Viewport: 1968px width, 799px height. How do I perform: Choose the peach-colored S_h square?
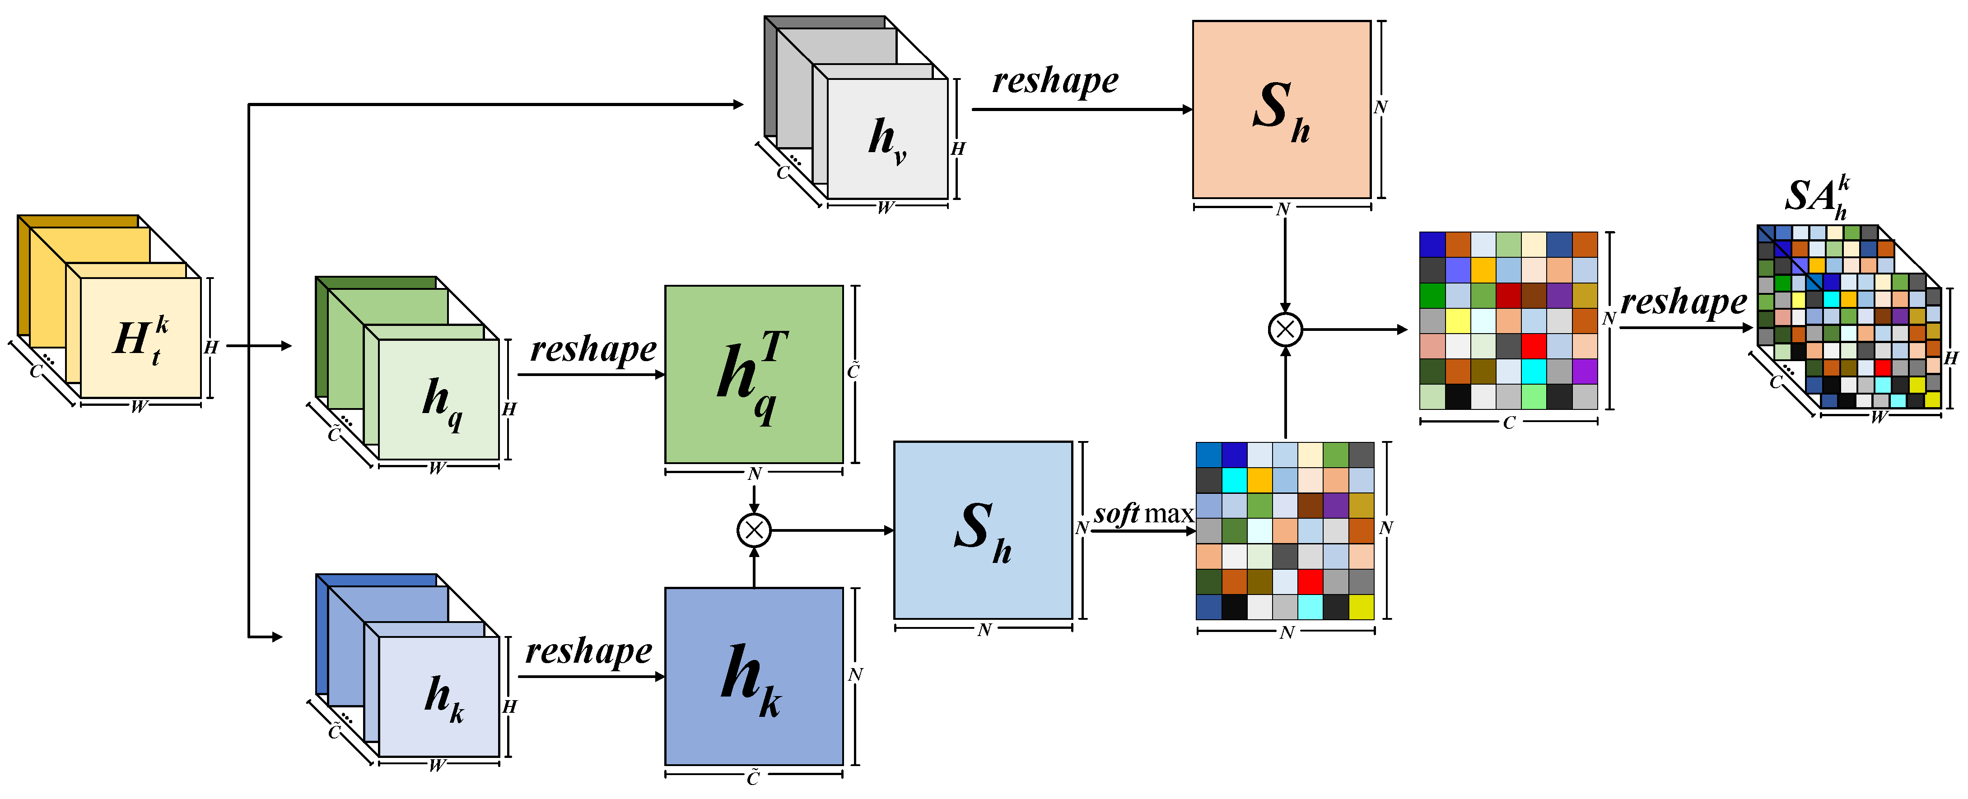coord(1281,109)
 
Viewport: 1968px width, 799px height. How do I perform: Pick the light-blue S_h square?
coord(983,530)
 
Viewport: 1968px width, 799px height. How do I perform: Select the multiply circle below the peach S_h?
coord(1285,329)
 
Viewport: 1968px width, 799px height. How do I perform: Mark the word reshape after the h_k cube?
coord(588,651)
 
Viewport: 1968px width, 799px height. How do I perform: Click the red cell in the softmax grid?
coord(1310,581)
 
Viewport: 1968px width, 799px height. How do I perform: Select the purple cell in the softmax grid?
coord(1335,505)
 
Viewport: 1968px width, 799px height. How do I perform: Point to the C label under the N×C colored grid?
coord(1508,423)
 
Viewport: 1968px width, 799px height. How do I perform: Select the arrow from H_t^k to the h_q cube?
coord(260,345)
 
